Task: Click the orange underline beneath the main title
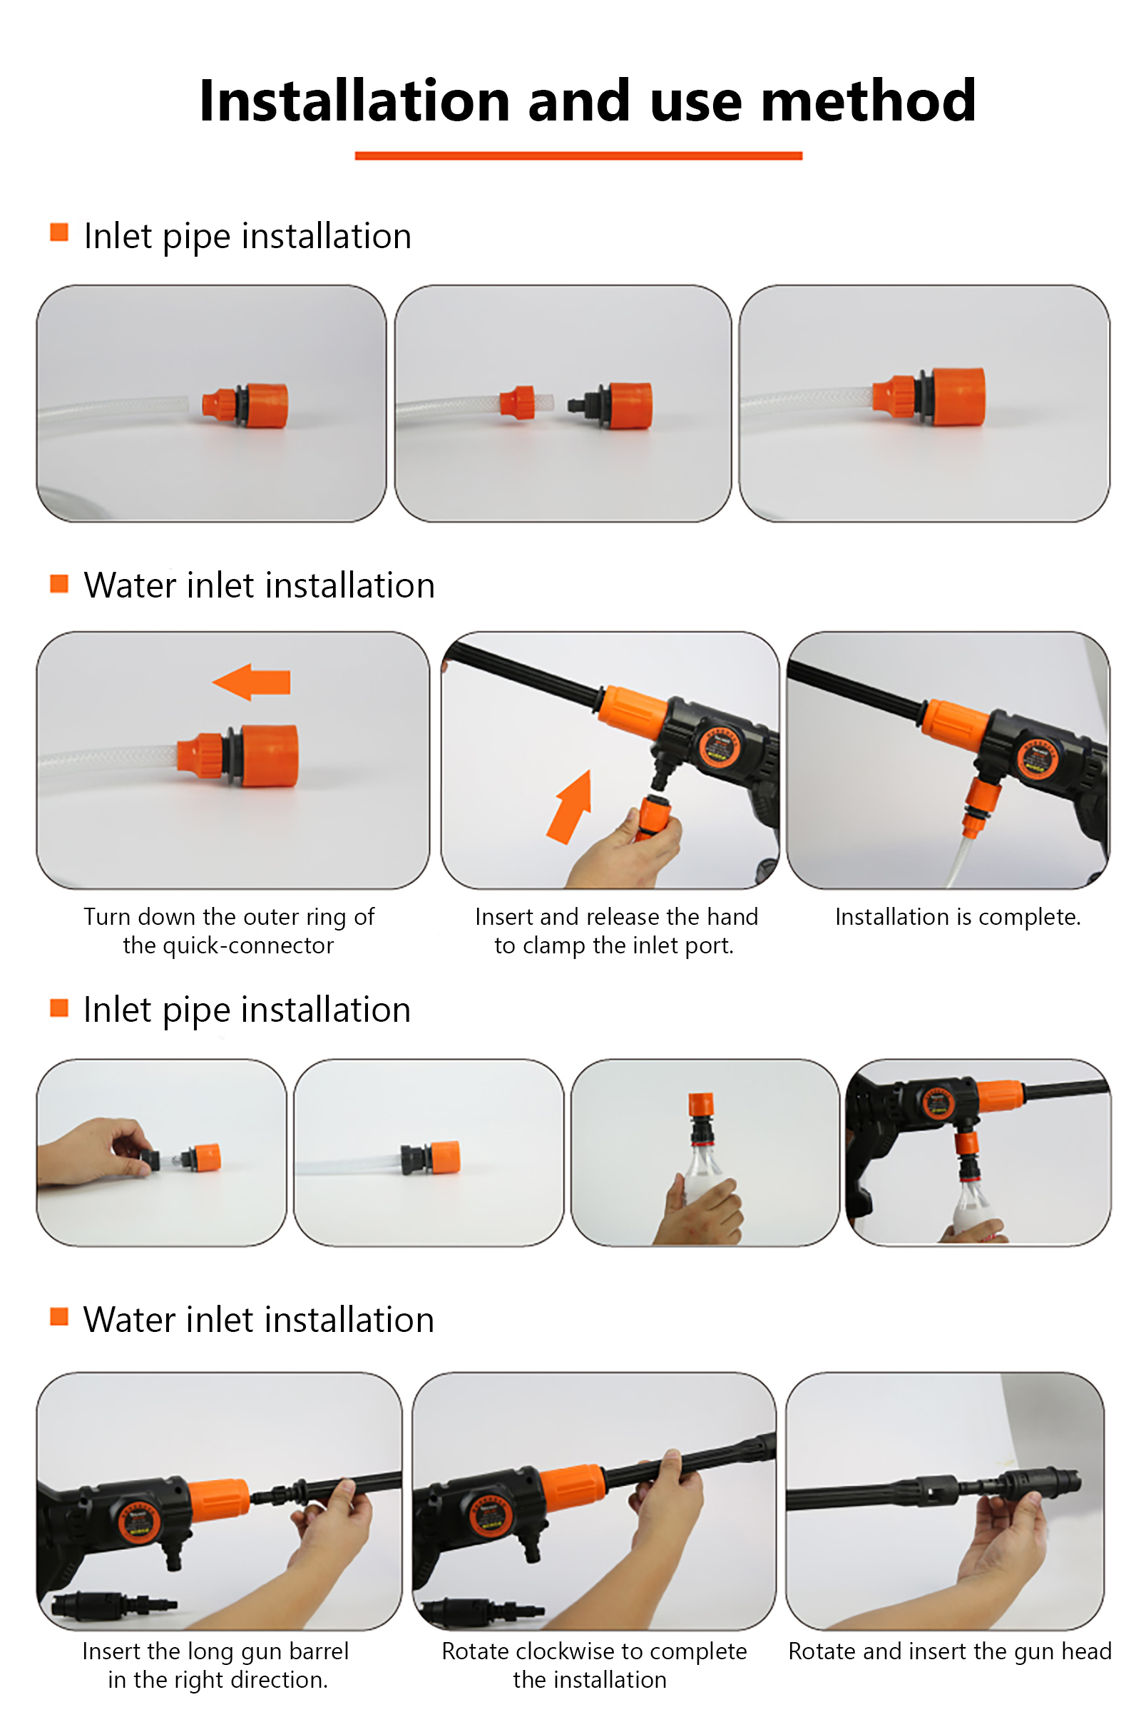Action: pyautogui.click(x=578, y=155)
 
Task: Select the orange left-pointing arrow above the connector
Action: pyautogui.click(x=252, y=682)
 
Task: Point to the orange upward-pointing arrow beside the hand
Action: pyautogui.click(x=570, y=807)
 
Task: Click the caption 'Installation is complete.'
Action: pyautogui.click(x=958, y=917)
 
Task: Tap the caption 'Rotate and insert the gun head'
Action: pyautogui.click(x=950, y=1651)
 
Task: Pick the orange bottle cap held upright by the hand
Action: pyautogui.click(x=702, y=1104)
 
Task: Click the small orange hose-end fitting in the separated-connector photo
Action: pyautogui.click(x=518, y=402)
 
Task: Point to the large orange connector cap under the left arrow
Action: pyautogui.click(x=270, y=755)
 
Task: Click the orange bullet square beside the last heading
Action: pyautogui.click(x=59, y=1316)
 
